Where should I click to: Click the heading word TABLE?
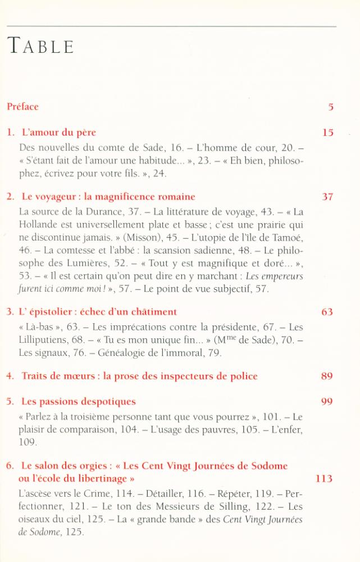[40, 46]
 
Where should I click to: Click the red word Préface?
[22, 106]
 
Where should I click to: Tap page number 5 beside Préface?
[331, 107]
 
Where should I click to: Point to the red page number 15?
[328, 133]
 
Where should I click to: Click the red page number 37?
[328, 197]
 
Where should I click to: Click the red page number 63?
[327, 312]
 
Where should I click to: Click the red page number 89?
[327, 376]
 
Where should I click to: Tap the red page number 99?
[327, 402]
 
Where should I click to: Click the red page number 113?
[325, 479]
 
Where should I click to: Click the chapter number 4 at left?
[10, 376]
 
